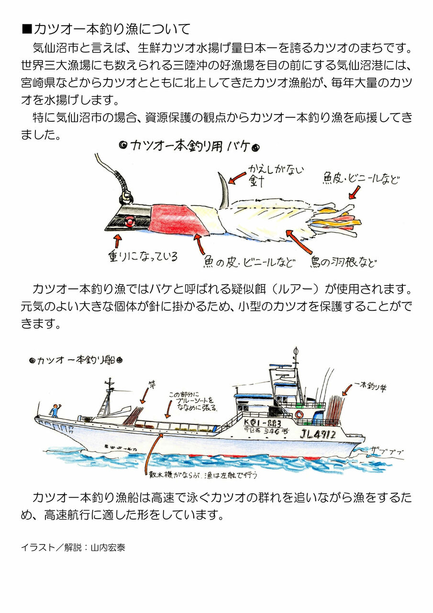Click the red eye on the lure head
tap(129, 221)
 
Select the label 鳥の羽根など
tap(343, 261)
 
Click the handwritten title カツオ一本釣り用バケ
tap(189, 145)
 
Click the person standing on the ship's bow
tap(56, 410)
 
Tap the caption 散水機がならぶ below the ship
tap(203, 475)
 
